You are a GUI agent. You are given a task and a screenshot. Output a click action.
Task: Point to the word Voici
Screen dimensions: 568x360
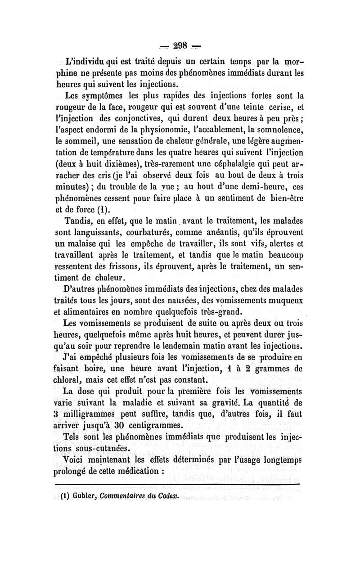pos(77,460)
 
